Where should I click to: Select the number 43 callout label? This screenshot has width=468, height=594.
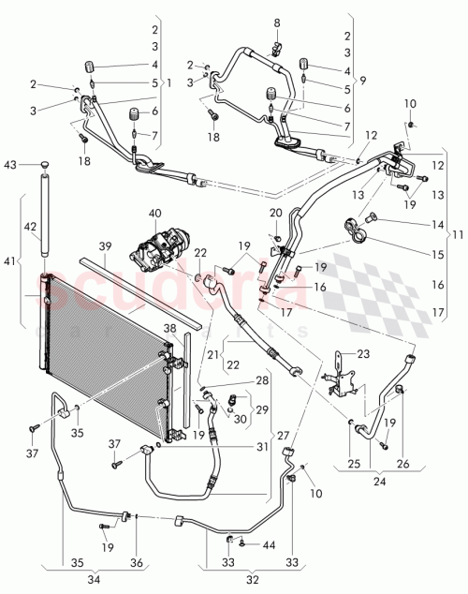coord(11,166)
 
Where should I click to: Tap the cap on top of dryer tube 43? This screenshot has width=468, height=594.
coord(43,166)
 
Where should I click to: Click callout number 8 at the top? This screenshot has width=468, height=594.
coord(276,22)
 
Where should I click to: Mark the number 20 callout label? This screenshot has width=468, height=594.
coord(276,214)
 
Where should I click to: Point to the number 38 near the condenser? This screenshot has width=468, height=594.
coord(170,329)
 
